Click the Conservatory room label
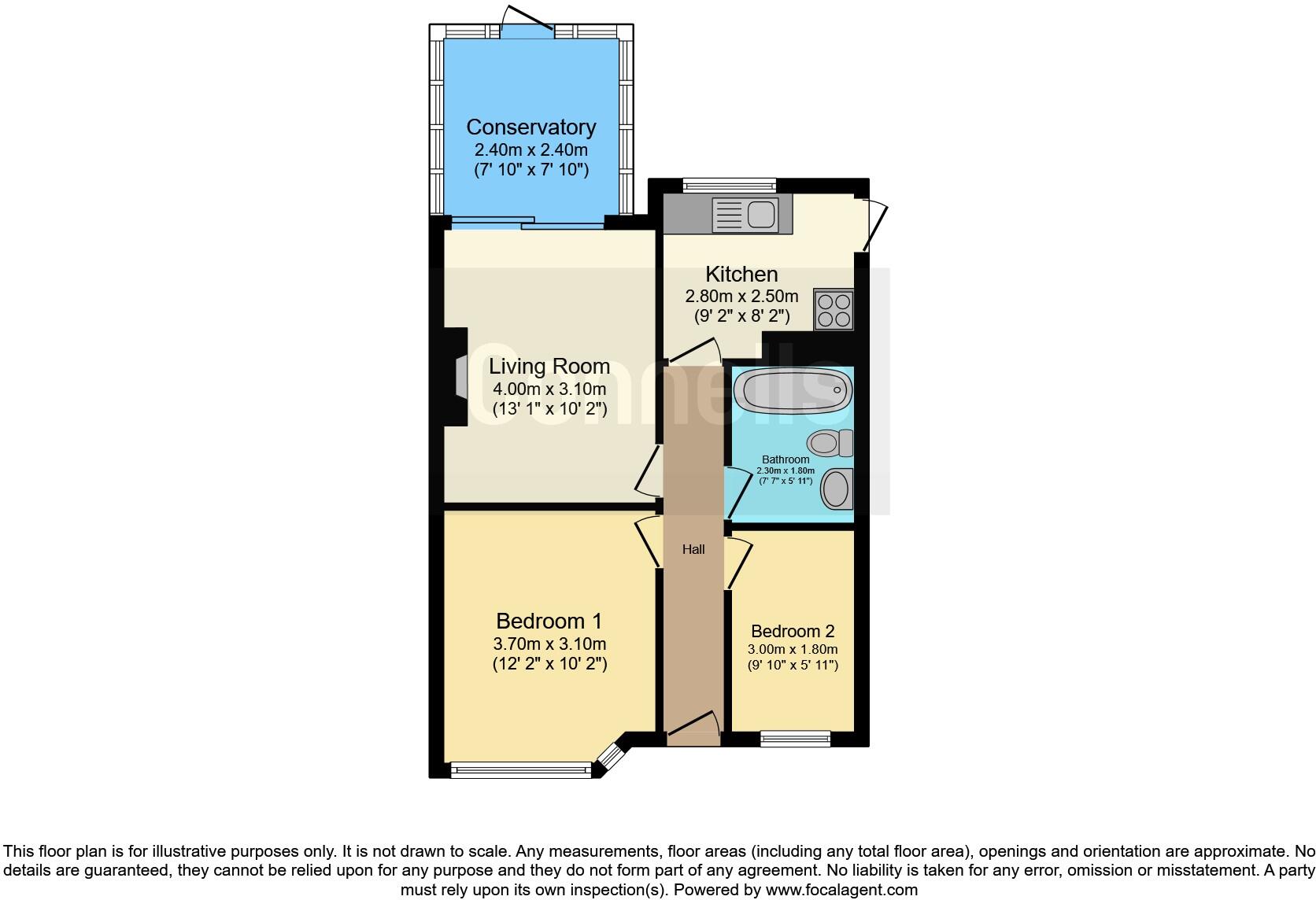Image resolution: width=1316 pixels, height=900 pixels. pos(530,127)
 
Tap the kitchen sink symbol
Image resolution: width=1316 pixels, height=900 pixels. pos(744,214)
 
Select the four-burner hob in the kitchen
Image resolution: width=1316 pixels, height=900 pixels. pos(834,309)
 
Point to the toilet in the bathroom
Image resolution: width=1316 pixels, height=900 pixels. pos(830,443)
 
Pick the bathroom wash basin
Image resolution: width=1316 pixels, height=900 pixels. pos(836,489)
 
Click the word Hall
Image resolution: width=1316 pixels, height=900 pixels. pos(693,549)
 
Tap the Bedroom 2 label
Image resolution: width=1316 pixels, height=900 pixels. pos(793,631)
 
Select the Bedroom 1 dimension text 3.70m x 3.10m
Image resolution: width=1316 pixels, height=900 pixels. pos(549,644)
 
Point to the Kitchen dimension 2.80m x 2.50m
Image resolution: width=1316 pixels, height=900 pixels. pos(741,297)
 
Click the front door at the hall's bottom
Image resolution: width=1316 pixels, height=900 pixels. pos(693,728)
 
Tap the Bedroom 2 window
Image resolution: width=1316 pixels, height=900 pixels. pos(795,737)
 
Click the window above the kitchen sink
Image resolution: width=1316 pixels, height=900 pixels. pos(730,185)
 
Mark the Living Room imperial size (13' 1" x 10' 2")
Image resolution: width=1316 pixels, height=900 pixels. pos(549,408)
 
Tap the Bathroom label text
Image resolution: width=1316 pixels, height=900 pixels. pos(786,459)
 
